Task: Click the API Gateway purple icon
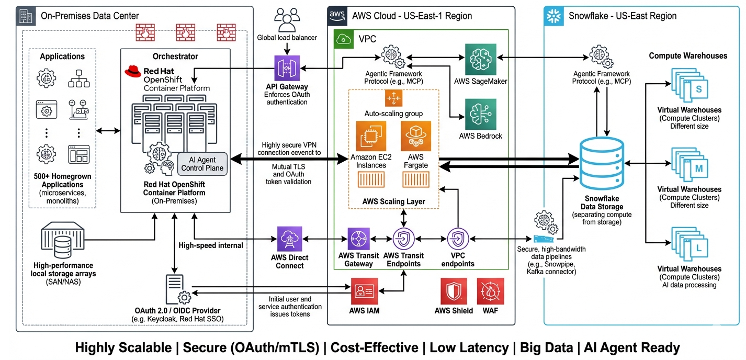(x=287, y=68)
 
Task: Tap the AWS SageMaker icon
(x=481, y=59)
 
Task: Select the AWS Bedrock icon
(x=481, y=114)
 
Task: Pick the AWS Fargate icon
(x=416, y=137)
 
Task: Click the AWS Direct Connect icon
(x=290, y=239)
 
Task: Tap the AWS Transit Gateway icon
(x=359, y=239)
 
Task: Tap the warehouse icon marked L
(x=690, y=248)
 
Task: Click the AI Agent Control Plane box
(x=202, y=163)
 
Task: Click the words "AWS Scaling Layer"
(x=394, y=201)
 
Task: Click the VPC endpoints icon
(x=458, y=239)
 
